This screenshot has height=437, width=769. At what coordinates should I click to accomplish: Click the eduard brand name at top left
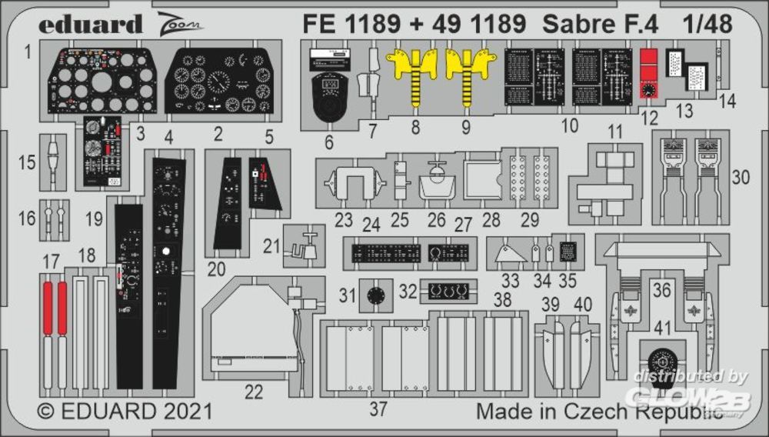point(91,24)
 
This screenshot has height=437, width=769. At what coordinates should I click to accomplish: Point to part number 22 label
point(254,391)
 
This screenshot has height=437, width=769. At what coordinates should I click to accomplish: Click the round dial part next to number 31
point(376,294)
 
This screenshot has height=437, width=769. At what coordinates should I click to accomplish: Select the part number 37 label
point(378,409)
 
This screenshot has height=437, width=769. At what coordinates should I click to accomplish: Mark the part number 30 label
point(741,177)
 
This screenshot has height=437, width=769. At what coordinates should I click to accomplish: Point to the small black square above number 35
point(568,250)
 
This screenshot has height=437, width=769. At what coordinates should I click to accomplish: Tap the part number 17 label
point(51,262)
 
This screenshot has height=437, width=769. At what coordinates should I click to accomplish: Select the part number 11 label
point(614,131)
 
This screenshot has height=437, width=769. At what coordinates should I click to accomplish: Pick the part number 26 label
point(436,220)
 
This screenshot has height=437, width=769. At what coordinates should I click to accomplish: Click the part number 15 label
point(27,163)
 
